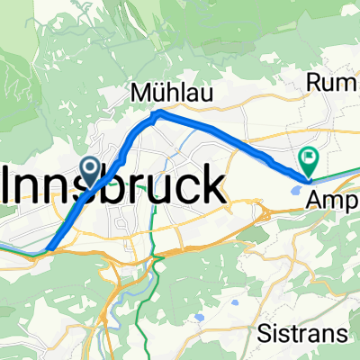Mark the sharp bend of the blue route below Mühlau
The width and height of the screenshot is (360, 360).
(157, 112)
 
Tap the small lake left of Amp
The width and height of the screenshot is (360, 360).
(299, 189)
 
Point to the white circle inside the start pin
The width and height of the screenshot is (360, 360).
(91, 166)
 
